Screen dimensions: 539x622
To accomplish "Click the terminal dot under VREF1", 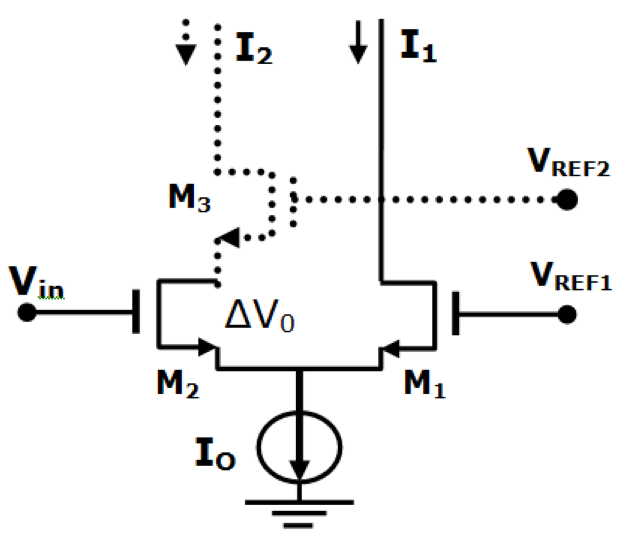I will (x=567, y=314).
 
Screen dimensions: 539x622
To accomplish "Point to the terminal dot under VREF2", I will (x=567, y=199).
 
